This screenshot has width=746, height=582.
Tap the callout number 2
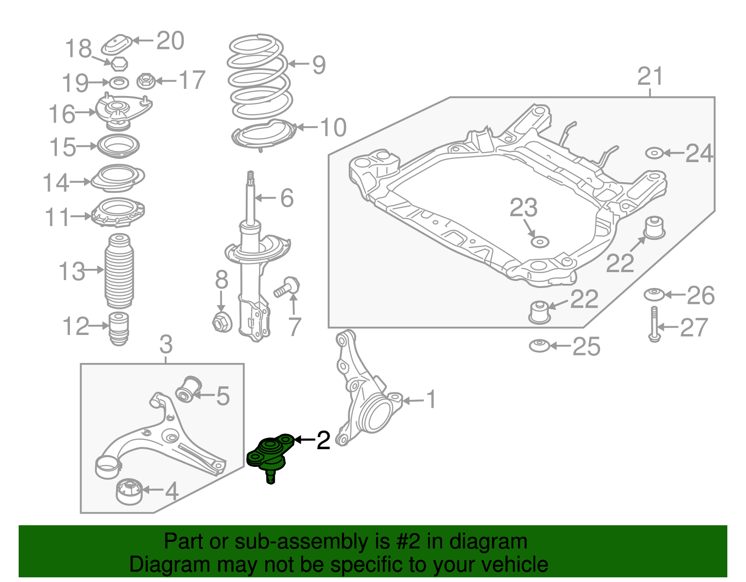tap(323, 440)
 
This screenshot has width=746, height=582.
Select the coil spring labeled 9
tap(259, 77)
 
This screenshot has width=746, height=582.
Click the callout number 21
tap(650, 76)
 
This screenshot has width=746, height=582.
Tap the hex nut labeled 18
tap(119, 63)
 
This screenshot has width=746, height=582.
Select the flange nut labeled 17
tap(145, 81)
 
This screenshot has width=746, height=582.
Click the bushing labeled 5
tap(189, 389)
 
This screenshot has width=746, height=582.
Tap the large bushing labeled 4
tap(129, 492)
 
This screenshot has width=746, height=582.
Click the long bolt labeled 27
tap(654, 324)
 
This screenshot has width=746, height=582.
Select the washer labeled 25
tap(539, 346)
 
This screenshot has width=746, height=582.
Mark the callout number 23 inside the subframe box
tap(523, 208)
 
